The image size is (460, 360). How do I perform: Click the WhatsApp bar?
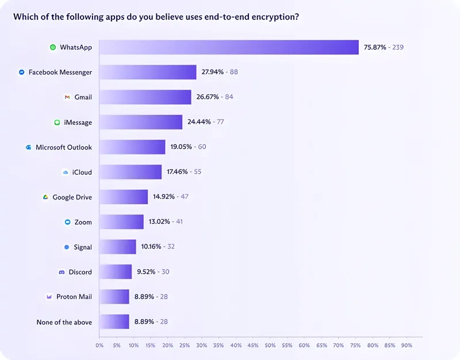coord(229,47)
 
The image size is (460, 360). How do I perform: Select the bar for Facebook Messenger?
coord(148,72)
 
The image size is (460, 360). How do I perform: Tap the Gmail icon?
coord(67,97)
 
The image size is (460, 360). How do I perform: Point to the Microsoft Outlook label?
coord(64,147)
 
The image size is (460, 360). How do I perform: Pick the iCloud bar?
coord(131,172)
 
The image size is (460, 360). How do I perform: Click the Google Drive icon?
coord(45,197)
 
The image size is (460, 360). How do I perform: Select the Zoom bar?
coord(121,222)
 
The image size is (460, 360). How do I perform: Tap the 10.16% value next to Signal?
coord(151,247)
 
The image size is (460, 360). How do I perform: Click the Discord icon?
coord(62,272)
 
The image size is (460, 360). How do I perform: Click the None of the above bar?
coord(114,321)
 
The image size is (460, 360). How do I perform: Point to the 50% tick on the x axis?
coord(270,346)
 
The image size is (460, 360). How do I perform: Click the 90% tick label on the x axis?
coord(407,346)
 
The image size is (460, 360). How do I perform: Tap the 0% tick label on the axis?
coord(99,346)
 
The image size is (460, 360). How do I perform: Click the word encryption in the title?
coord(275,17)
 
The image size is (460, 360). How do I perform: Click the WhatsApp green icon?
coord(53,47)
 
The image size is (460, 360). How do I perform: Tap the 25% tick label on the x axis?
coord(185,346)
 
